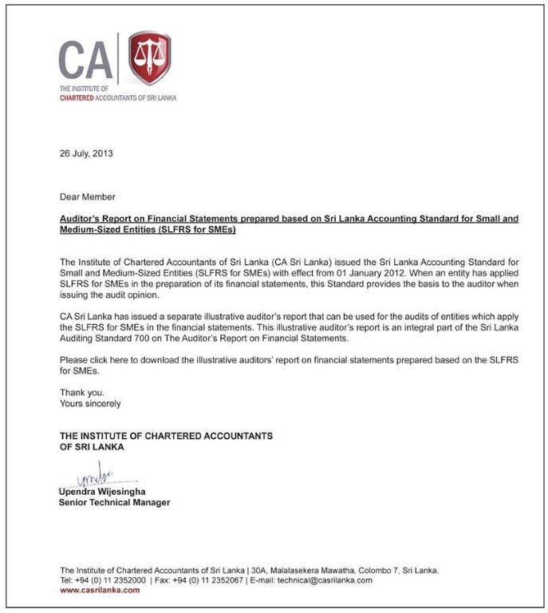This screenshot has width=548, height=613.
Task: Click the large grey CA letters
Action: (85, 59)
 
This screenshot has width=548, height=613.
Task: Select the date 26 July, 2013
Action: (87, 154)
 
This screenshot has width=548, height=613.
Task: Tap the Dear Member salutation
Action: (88, 196)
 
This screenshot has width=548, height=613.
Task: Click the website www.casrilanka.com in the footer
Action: (100, 590)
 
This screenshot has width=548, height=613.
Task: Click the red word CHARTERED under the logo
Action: (77, 98)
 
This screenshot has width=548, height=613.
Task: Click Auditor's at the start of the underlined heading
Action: (80, 218)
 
